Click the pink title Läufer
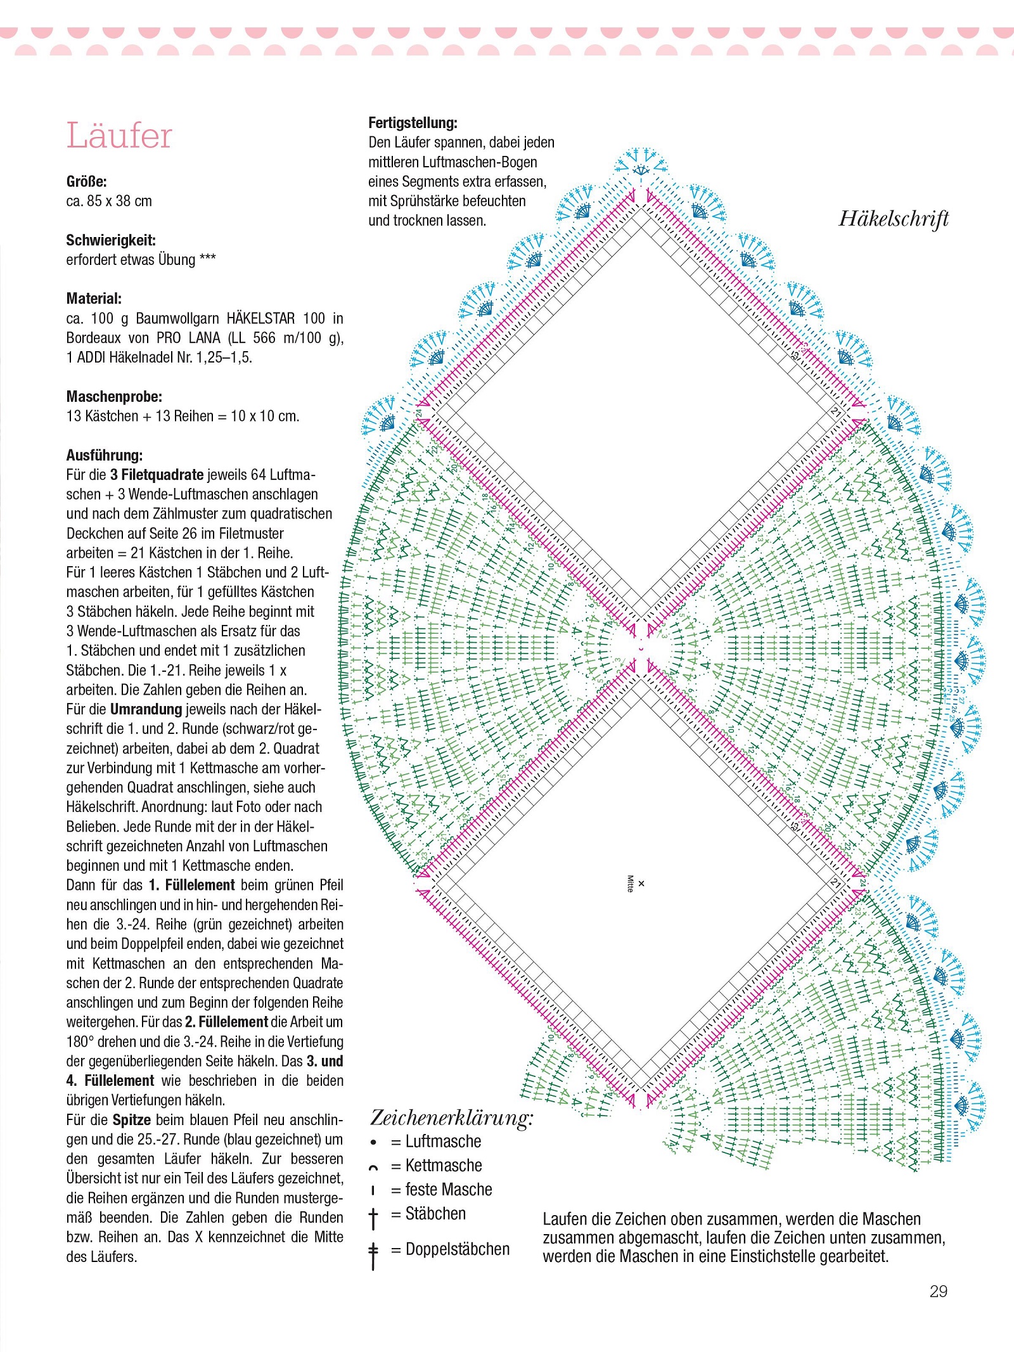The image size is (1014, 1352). point(119,136)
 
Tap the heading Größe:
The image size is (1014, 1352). point(86,182)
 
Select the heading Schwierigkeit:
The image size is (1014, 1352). point(111,240)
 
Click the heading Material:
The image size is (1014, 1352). point(94,299)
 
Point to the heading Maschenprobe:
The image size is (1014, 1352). point(114,397)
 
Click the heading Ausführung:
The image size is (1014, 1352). point(105,455)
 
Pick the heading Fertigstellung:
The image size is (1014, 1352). point(413,123)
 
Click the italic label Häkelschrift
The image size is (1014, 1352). point(894,219)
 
